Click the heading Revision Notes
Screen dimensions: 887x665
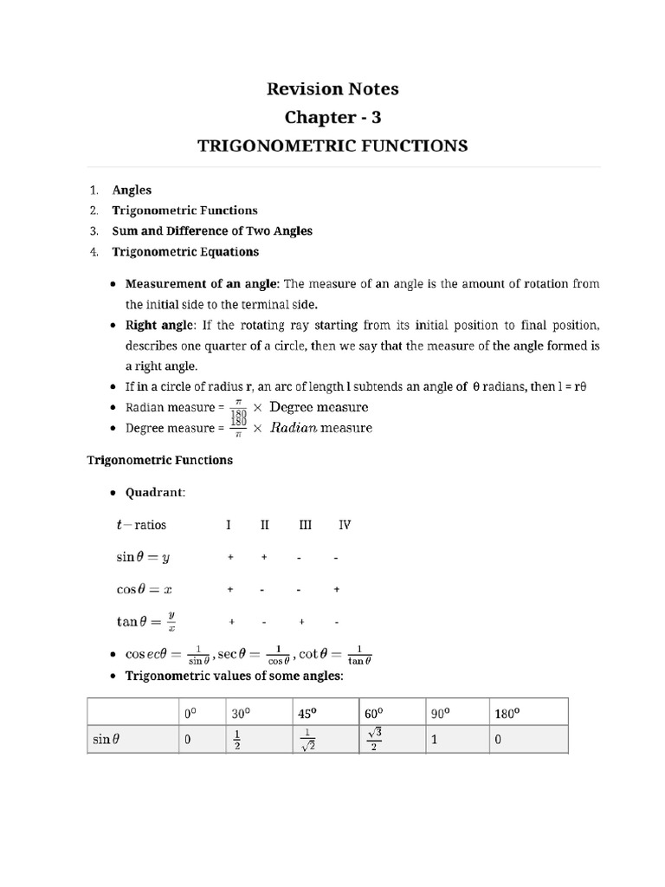pos(333,88)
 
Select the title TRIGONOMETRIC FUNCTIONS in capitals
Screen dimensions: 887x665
pos(333,146)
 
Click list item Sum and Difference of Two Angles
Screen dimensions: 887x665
pos(212,231)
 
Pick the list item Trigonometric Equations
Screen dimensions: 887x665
pos(185,252)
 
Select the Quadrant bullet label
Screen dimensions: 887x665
pos(155,493)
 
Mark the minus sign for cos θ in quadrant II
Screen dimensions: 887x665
pos(263,590)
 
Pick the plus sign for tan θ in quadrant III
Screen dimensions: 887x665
pos(300,622)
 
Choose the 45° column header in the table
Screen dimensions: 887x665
pos(307,715)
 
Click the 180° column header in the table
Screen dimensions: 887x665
pos(507,715)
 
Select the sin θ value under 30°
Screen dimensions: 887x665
pos(236,741)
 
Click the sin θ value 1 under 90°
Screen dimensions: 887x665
pos(435,741)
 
